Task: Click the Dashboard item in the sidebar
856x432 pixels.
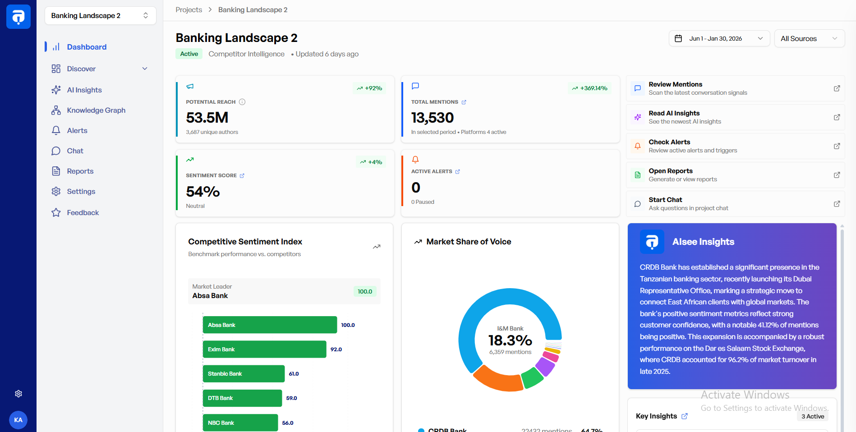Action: point(86,47)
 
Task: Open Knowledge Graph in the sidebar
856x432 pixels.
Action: point(96,110)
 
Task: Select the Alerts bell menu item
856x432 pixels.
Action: point(77,131)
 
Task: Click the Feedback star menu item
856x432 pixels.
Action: point(83,213)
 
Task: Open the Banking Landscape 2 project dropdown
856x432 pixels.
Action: point(100,16)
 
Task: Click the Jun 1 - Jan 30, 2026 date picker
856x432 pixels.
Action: point(719,39)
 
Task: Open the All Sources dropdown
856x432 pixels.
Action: point(809,39)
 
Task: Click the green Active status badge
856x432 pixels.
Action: point(189,54)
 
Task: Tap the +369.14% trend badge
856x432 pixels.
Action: point(589,88)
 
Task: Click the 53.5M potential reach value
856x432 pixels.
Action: point(207,118)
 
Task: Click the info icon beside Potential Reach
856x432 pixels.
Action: point(242,102)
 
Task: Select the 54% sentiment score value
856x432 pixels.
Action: point(202,192)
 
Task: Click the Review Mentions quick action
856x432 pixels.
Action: point(735,88)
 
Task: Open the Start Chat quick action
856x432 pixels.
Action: point(735,204)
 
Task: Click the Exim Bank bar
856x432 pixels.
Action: point(264,349)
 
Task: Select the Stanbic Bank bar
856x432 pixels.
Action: point(244,374)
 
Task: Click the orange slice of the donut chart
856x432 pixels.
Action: point(497,379)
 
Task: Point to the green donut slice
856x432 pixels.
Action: point(532,377)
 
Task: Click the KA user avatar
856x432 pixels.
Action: point(18,420)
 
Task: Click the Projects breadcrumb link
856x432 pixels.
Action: point(189,10)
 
